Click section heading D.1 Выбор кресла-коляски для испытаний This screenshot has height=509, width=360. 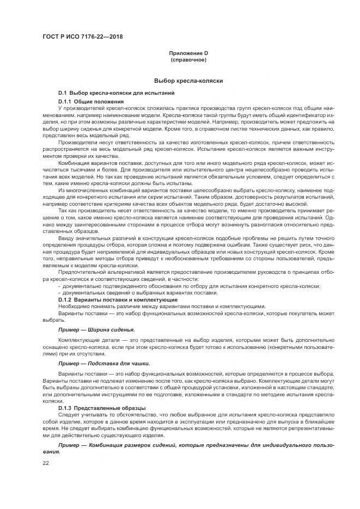[116, 94]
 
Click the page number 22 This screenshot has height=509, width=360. [46, 463]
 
